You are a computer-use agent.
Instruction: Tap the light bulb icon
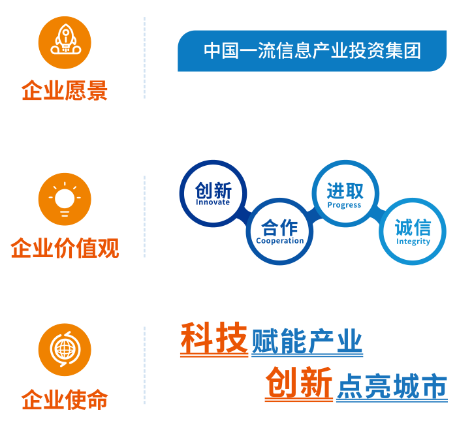click(64, 198)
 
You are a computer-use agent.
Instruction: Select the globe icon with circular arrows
click(64, 349)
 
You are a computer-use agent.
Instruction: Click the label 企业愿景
click(64, 91)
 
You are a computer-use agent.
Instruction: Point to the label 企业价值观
click(65, 249)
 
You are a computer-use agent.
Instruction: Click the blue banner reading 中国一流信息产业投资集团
click(312, 51)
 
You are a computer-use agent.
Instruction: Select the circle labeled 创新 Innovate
click(213, 193)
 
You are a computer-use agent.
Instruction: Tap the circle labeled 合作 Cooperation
click(279, 231)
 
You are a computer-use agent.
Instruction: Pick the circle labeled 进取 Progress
click(345, 194)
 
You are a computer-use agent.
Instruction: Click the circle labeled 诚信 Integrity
click(413, 231)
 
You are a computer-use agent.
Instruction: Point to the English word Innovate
click(213, 202)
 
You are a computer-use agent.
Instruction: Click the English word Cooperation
click(279, 241)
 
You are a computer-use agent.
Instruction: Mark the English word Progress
click(344, 205)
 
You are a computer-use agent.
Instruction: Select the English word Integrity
click(413, 242)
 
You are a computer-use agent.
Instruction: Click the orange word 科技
click(214, 339)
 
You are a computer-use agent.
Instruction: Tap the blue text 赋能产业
click(307, 342)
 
